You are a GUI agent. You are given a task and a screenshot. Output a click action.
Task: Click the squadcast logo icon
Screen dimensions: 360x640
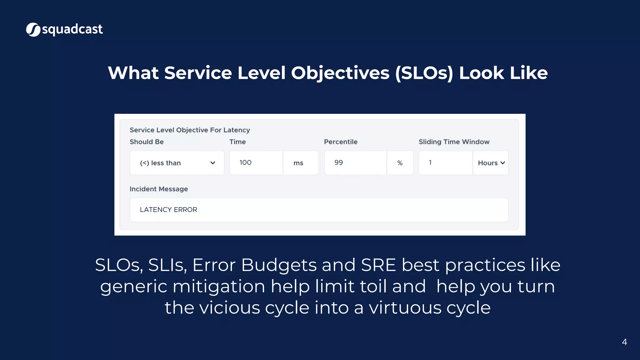coord(33,30)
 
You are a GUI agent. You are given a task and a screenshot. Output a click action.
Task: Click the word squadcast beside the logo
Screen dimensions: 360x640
coord(72,29)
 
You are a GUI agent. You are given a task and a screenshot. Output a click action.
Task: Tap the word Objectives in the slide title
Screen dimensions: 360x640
coord(340,73)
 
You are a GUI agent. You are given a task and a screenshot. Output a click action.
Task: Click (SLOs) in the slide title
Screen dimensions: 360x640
coord(424,73)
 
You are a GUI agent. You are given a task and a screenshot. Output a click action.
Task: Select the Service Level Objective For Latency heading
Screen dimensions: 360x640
coord(190,130)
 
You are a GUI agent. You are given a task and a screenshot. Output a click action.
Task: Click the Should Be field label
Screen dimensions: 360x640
coord(147,142)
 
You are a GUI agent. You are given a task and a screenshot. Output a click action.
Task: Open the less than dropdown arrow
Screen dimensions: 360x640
coord(212,163)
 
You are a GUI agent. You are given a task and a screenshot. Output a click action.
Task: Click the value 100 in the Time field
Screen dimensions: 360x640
coord(245,162)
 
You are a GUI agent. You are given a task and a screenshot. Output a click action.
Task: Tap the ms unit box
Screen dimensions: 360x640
coord(298,163)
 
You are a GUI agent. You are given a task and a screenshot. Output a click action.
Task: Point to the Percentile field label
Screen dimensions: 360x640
coord(340,142)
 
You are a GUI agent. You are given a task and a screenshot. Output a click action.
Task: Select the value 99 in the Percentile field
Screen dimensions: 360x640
coord(338,162)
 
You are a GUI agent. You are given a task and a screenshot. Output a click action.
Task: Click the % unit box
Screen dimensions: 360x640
coord(400,163)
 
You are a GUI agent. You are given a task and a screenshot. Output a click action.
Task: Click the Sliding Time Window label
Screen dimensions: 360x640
coord(454,142)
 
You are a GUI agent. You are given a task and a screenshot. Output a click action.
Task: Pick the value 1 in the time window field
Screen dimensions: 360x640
coord(430,162)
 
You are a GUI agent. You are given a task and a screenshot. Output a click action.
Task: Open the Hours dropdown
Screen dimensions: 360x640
coord(491,163)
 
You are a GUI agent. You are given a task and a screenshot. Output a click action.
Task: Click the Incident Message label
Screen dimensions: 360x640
coord(158,189)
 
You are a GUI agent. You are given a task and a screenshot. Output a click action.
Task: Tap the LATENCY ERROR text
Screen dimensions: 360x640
coord(168,210)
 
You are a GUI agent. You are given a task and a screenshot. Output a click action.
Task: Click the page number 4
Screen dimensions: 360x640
coord(624,342)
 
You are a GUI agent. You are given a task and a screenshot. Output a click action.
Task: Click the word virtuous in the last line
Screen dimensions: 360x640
coord(405,307)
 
